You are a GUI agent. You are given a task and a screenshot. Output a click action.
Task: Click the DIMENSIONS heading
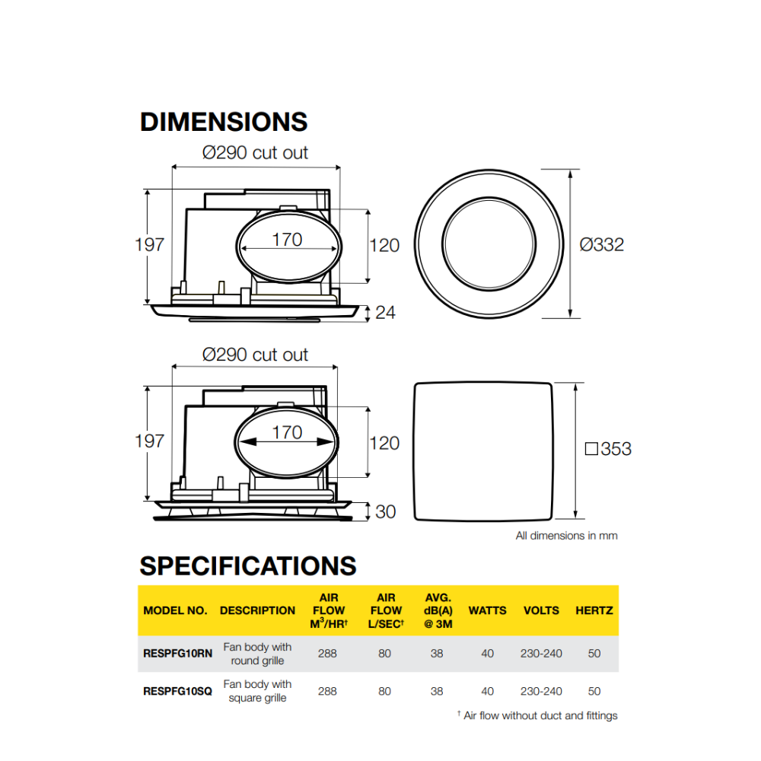224,123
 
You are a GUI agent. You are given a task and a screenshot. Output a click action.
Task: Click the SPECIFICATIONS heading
248,566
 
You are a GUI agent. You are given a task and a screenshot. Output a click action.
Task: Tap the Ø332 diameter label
601,244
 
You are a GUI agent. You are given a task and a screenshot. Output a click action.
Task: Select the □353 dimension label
608,449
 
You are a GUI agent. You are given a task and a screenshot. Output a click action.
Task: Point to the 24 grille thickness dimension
386,312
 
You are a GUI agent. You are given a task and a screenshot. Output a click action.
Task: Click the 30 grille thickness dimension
386,511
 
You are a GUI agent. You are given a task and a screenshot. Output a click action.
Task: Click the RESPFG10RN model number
177,653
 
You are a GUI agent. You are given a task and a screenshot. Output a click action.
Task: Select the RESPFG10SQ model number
177,691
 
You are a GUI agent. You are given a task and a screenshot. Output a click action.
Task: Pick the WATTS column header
487,610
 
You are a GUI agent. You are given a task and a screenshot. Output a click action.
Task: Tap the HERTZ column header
594,610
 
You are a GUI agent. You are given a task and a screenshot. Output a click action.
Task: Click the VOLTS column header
541,610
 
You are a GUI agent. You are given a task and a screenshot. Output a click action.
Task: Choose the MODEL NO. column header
175,610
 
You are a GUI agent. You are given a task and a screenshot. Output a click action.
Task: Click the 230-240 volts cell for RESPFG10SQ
541,691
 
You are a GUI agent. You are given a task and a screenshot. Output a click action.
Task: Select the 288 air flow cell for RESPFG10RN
327,653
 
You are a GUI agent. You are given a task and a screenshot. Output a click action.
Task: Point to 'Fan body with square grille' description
257,691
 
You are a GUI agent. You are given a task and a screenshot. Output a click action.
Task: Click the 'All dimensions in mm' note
566,536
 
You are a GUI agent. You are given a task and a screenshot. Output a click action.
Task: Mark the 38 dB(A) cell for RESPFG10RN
436,653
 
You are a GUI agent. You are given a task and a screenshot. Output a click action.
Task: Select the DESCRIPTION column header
257,610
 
